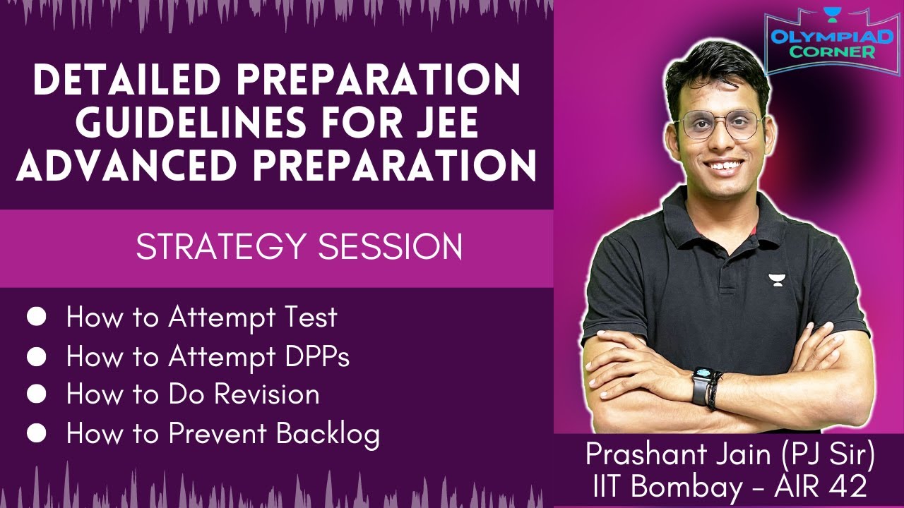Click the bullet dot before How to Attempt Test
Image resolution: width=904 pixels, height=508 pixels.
click(36, 317)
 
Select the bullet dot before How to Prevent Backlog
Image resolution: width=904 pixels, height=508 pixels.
click(36, 433)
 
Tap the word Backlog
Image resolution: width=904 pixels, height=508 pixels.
click(328, 433)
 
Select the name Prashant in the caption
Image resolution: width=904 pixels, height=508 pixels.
click(643, 455)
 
